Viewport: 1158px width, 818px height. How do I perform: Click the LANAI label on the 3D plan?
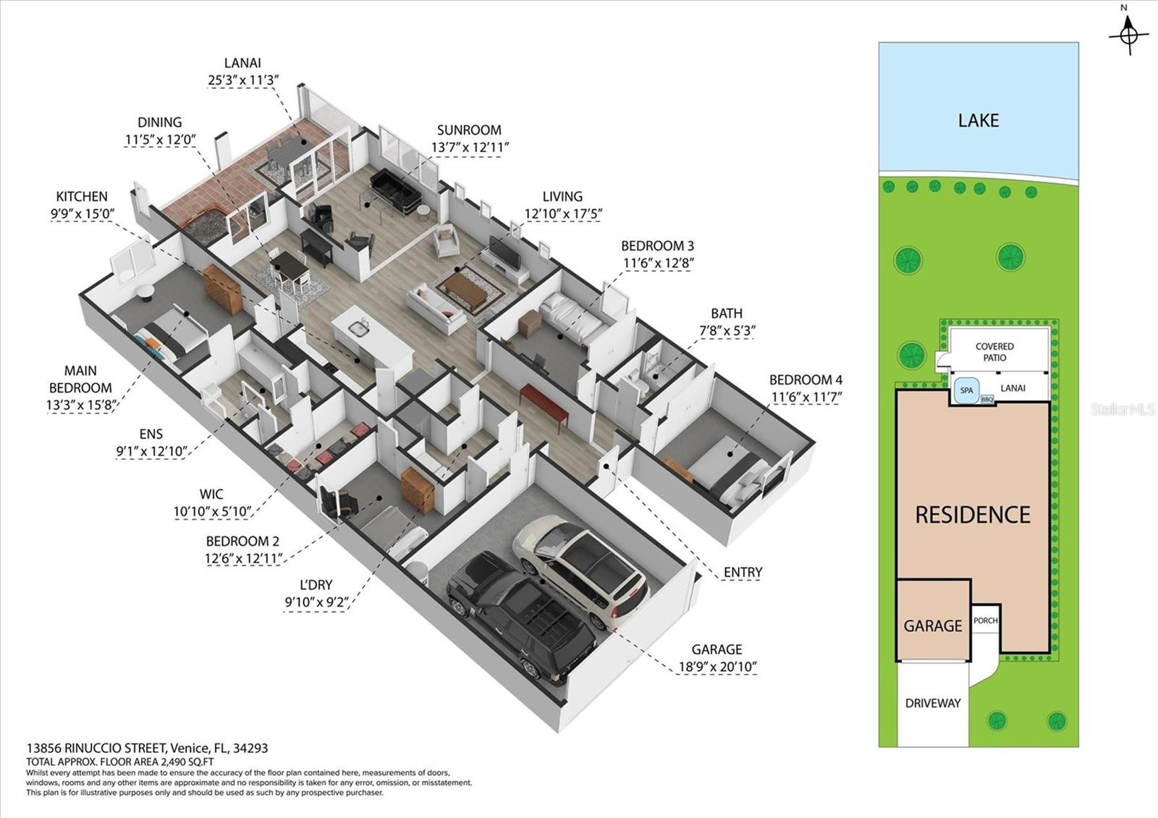click(242, 63)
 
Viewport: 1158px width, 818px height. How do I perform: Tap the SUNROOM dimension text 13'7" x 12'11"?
click(470, 148)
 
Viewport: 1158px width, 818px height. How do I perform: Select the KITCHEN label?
click(82, 196)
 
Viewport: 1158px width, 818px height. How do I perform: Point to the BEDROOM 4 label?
click(806, 380)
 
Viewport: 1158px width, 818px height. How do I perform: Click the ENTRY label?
click(743, 573)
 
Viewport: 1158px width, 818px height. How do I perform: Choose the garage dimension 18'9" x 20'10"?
click(717, 667)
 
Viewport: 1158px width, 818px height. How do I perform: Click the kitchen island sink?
click(358, 328)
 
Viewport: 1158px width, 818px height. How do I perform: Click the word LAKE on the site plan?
click(979, 120)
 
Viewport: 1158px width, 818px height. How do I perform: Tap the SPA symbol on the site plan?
click(967, 391)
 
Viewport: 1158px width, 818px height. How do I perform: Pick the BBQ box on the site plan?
click(987, 400)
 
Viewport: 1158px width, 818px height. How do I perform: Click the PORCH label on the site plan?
click(985, 620)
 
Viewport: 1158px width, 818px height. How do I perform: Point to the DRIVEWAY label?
click(933, 703)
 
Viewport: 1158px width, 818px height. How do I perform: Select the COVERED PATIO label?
click(994, 352)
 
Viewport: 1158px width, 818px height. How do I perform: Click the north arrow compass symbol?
click(1129, 34)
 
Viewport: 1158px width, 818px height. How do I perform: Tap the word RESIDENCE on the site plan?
click(973, 515)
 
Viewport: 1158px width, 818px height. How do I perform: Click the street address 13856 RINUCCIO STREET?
click(97, 749)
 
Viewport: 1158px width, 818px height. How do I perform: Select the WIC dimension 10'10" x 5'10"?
click(213, 512)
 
